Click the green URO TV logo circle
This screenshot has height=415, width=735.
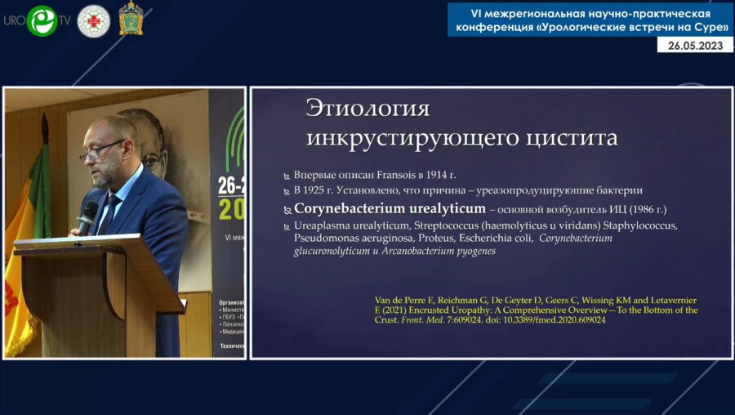coord(42,20)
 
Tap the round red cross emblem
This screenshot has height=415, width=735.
coord(93,20)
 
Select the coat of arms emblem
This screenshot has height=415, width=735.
coord(131,19)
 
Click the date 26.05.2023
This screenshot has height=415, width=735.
coord(695,45)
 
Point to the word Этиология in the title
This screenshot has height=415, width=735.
coord(367,109)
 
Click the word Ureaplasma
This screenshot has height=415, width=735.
coord(323,225)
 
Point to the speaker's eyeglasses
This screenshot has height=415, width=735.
coord(101,151)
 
